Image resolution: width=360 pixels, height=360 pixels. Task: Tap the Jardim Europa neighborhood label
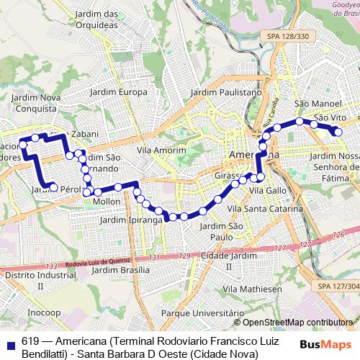117,92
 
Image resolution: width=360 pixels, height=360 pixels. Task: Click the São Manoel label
311,104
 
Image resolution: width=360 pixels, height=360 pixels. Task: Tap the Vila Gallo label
267,190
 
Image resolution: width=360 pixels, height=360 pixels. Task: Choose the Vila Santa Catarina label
264,208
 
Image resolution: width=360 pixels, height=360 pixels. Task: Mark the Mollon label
107,202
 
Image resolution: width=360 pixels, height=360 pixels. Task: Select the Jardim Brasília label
121,270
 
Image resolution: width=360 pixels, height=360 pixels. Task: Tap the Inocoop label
44,312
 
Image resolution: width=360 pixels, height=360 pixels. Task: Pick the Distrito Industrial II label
34,280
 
